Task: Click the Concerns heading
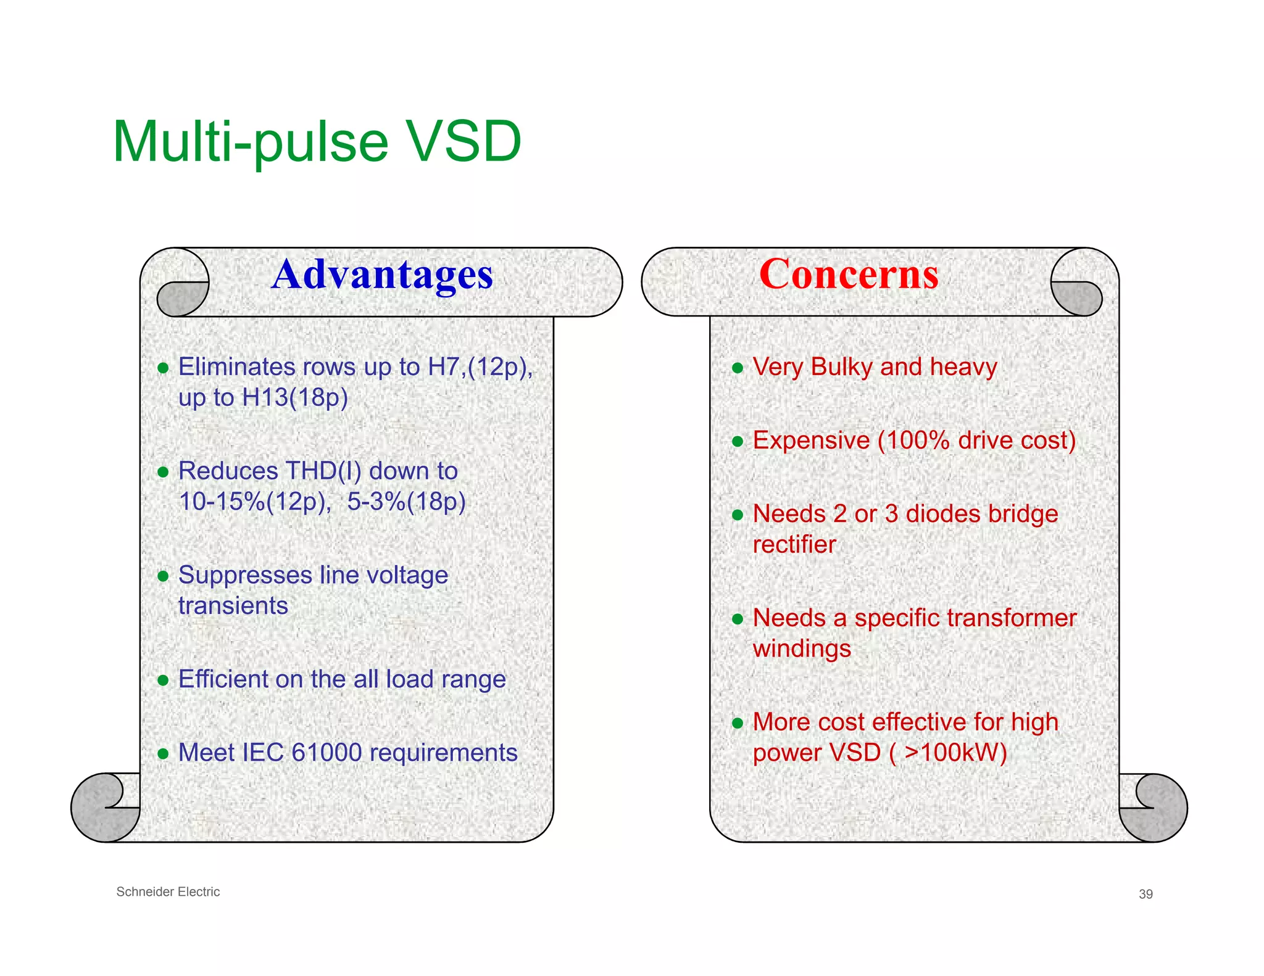(849, 274)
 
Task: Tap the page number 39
(1145, 894)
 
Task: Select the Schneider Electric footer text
(168, 891)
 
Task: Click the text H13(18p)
(295, 397)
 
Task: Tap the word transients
(233, 606)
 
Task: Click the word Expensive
(811, 440)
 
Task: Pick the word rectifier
(794, 545)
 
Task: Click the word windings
(802, 649)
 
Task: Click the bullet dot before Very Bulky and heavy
(737, 368)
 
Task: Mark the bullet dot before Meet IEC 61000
(163, 754)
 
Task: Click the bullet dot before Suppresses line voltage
(163, 576)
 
